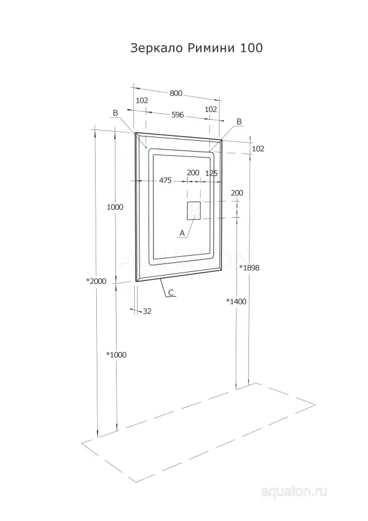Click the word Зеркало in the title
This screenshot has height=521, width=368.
[156, 48]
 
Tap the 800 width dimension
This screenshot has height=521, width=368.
[176, 93]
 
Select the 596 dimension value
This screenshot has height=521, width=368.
[178, 115]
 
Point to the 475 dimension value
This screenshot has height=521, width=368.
[165, 180]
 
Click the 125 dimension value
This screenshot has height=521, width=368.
[212, 173]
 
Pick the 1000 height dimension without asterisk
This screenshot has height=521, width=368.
[115, 207]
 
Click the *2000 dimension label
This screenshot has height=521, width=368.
[96, 281]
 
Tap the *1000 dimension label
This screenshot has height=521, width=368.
[116, 355]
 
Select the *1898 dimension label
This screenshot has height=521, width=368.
[250, 268]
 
